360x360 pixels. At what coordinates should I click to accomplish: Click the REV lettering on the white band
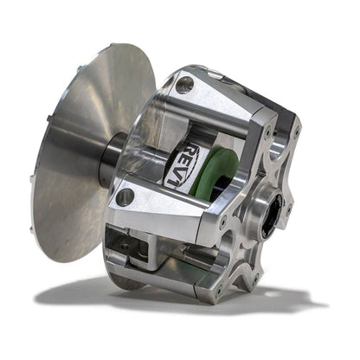(x=191, y=164)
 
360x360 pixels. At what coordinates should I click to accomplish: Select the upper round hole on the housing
(x=184, y=85)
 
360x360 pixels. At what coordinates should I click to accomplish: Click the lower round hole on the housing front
(x=125, y=196)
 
